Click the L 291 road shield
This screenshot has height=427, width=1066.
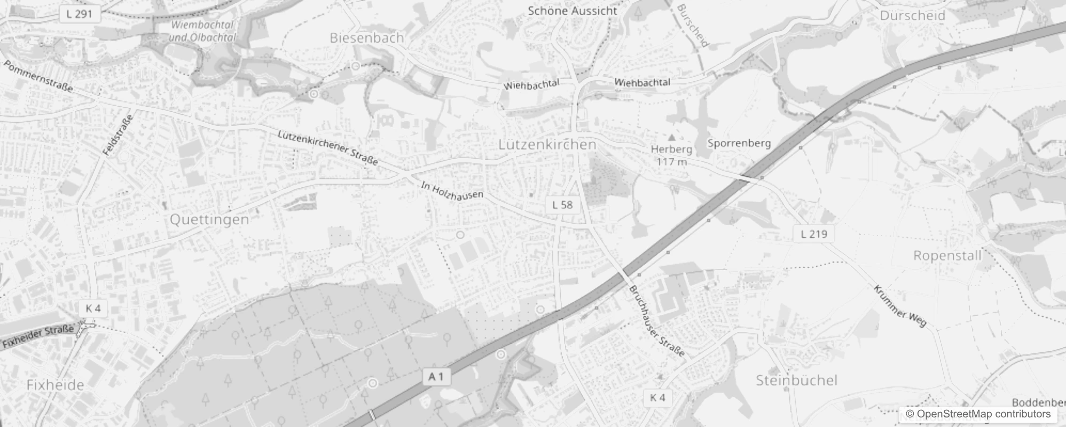(80, 14)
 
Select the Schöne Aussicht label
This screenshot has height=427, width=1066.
(573, 11)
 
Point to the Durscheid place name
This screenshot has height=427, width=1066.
(912, 15)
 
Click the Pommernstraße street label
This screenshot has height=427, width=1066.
(38, 76)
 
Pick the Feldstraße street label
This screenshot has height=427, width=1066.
(117, 136)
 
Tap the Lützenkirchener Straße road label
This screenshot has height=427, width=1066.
(328, 147)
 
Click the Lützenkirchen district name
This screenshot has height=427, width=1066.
(547, 145)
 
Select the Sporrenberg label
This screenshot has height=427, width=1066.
(739, 143)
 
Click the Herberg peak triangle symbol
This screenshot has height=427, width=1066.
(672, 138)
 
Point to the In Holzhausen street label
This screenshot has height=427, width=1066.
(452, 191)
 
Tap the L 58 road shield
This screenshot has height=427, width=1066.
(562, 205)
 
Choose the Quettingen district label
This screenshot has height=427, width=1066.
(209, 219)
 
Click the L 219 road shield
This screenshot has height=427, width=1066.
(814, 234)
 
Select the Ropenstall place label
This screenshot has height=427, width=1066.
(947, 256)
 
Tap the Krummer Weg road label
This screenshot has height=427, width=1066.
(900, 306)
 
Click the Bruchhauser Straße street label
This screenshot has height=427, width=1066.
(656, 321)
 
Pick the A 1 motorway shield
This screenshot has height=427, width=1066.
(436, 377)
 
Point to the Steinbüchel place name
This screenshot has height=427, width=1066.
(796, 380)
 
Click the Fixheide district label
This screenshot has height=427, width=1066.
(55, 385)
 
